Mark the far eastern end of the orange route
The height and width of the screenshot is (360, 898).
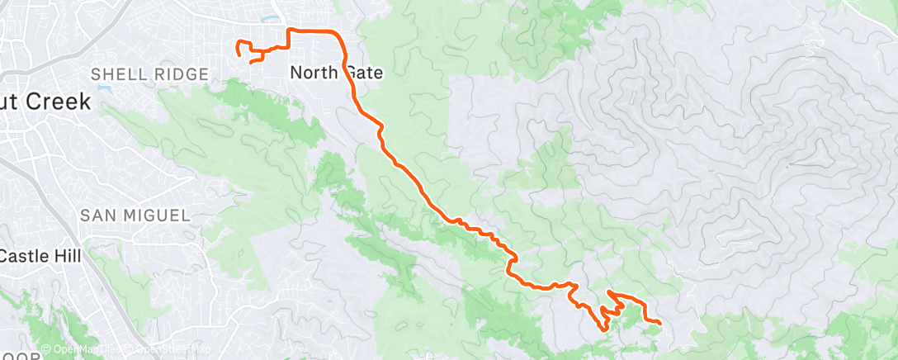click(x=660, y=322)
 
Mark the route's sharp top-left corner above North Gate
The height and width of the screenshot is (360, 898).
click(x=288, y=30)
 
